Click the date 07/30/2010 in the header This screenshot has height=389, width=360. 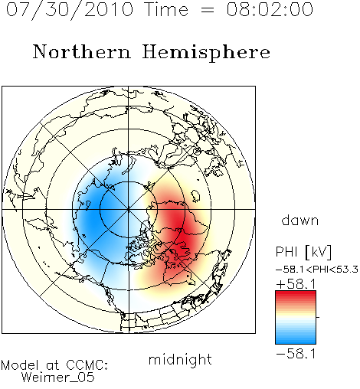pos(70,10)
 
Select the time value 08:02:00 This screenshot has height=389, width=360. pos(270,9)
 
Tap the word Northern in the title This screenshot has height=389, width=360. pos(82,51)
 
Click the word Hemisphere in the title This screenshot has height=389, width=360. pos(206,53)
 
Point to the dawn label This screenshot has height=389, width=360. pos(300,220)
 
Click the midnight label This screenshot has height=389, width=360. pos(180,359)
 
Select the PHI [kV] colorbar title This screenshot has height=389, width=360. pos(303,252)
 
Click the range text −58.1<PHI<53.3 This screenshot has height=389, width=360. pos(317,270)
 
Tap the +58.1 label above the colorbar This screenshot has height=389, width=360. pos(296,284)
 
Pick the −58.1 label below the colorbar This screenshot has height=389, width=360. pos(296,354)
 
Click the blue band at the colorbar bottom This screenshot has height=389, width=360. pos(296,339)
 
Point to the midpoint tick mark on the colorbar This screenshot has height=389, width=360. pos(318,317)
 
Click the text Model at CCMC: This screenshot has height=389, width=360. pos(54,365)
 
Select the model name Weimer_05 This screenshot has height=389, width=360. pos(58,378)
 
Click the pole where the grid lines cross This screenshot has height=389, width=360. pos(129,209)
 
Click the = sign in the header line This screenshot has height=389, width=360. pos(208,10)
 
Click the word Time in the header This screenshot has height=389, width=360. pos(166,9)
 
